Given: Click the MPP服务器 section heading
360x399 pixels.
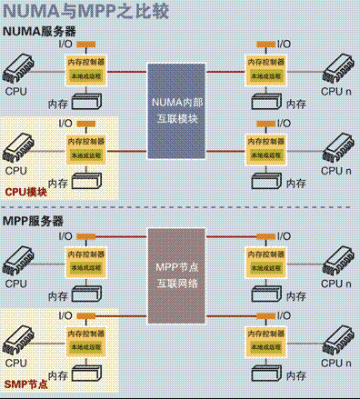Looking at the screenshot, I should coord(33,221).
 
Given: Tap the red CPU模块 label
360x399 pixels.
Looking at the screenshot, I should coord(25,192).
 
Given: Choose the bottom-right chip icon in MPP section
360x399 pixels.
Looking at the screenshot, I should coord(333,338).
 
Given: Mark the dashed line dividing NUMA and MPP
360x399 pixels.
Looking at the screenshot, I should coord(179,208).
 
